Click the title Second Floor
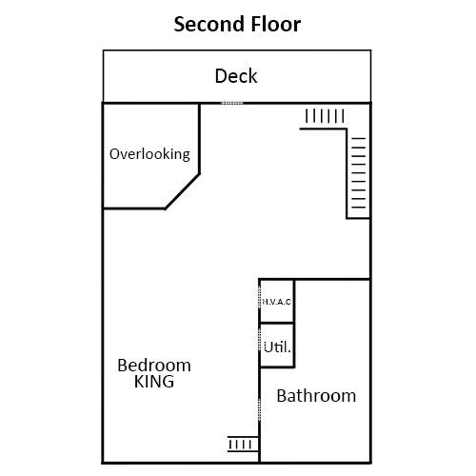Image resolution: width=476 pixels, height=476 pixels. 237,24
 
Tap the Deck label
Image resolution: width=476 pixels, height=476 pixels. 236,76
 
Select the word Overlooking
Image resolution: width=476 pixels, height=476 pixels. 149,154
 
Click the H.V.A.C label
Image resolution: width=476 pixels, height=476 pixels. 277,302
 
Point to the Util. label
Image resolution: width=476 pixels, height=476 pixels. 277,347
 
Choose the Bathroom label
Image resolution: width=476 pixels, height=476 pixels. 316,396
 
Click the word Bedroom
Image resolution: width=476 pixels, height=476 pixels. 154,366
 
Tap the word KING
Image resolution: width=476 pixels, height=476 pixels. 154,382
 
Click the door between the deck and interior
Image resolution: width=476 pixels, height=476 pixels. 232,103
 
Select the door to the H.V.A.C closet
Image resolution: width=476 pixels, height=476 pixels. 260,297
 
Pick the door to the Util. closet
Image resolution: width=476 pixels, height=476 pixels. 260,340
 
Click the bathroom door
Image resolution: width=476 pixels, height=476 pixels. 260,409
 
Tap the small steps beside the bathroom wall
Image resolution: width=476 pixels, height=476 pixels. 243,445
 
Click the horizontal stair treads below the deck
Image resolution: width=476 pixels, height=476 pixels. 325,116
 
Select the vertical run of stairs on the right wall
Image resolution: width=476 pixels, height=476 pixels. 359,173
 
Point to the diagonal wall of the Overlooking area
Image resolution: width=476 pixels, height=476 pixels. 183,191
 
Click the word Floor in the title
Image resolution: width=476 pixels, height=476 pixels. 275,24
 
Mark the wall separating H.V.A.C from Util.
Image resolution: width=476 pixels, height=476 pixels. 277,324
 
